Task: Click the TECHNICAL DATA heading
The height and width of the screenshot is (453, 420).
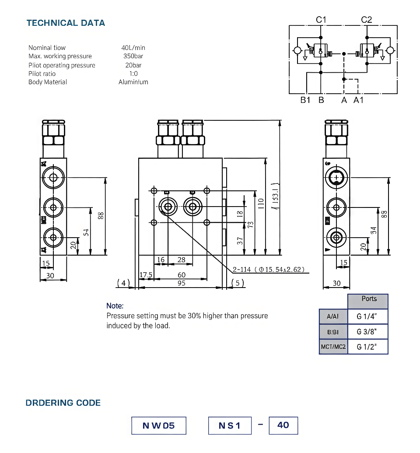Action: [66, 23]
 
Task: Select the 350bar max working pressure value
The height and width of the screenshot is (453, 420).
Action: [133, 56]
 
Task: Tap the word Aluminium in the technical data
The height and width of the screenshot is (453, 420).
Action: [133, 82]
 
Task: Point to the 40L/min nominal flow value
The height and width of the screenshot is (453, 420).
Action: [133, 48]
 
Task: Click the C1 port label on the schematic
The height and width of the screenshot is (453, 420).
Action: [321, 20]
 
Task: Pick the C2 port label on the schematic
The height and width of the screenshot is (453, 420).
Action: [366, 20]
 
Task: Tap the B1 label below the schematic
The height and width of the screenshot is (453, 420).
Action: [305, 100]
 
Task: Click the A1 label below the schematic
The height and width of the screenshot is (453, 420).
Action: [359, 100]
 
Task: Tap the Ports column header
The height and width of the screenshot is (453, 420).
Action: [369, 299]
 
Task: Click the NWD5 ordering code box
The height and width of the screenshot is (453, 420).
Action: [159, 425]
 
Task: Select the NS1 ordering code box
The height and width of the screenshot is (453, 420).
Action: [230, 425]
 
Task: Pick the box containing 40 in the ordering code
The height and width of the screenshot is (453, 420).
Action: [283, 425]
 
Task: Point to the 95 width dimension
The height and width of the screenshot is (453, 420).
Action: [182, 283]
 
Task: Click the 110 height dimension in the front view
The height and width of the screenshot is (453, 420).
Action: [261, 203]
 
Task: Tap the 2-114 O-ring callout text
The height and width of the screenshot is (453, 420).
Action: [268, 269]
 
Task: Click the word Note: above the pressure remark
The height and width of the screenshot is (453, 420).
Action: [115, 306]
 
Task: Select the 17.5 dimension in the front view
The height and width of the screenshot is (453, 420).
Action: [145, 275]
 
